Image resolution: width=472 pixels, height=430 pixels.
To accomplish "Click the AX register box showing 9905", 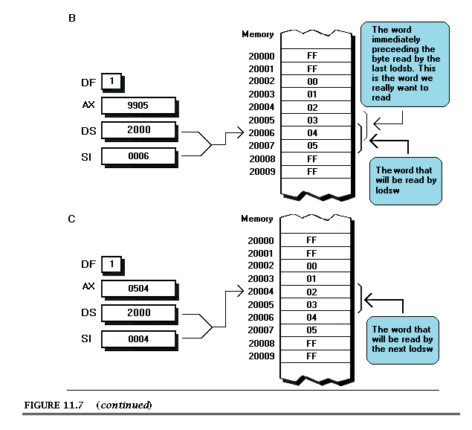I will click(x=138, y=106).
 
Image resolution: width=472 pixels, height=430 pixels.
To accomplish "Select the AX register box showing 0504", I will click(x=138, y=289).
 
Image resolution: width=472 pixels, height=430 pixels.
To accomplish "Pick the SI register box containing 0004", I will click(x=138, y=338).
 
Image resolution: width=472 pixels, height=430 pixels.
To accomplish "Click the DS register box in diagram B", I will click(x=138, y=130).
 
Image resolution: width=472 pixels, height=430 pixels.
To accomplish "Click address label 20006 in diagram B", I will click(x=261, y=132).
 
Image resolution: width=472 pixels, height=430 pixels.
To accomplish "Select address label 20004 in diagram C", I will click(x=261, y=292).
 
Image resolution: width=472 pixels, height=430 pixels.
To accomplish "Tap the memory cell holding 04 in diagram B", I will click(x=312, y=132).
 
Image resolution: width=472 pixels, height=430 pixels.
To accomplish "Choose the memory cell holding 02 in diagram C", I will click(x=312, y=292).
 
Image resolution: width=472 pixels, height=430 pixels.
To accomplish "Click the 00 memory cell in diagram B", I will click(x=312, y=81).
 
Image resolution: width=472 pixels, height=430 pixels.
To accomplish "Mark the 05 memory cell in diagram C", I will click(x=312, y=330).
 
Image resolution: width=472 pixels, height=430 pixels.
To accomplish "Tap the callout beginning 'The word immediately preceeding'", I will click(x=405, y=62).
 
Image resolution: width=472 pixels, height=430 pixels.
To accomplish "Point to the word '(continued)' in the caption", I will click(x=124, y=405).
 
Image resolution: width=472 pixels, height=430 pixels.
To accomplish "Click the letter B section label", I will click(x=71, y=17).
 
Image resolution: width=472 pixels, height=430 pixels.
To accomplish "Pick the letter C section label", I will click(x=71, y=219).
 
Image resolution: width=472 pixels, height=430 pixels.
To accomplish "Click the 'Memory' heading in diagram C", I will click(x=257, y=219).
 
